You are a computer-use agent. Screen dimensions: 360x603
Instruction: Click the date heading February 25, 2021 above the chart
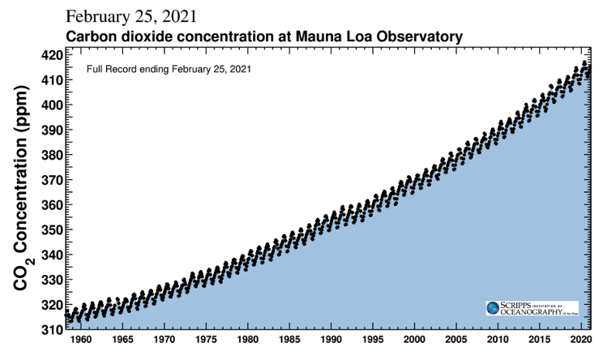pos(130,17)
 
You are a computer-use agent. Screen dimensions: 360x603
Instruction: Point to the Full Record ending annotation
pos(169,69)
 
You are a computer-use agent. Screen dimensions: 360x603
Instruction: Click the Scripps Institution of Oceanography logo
pos(532,309)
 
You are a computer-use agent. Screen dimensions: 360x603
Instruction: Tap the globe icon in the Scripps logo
pos(493,309)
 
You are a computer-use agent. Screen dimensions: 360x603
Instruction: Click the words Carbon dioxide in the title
pos(113,36)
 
